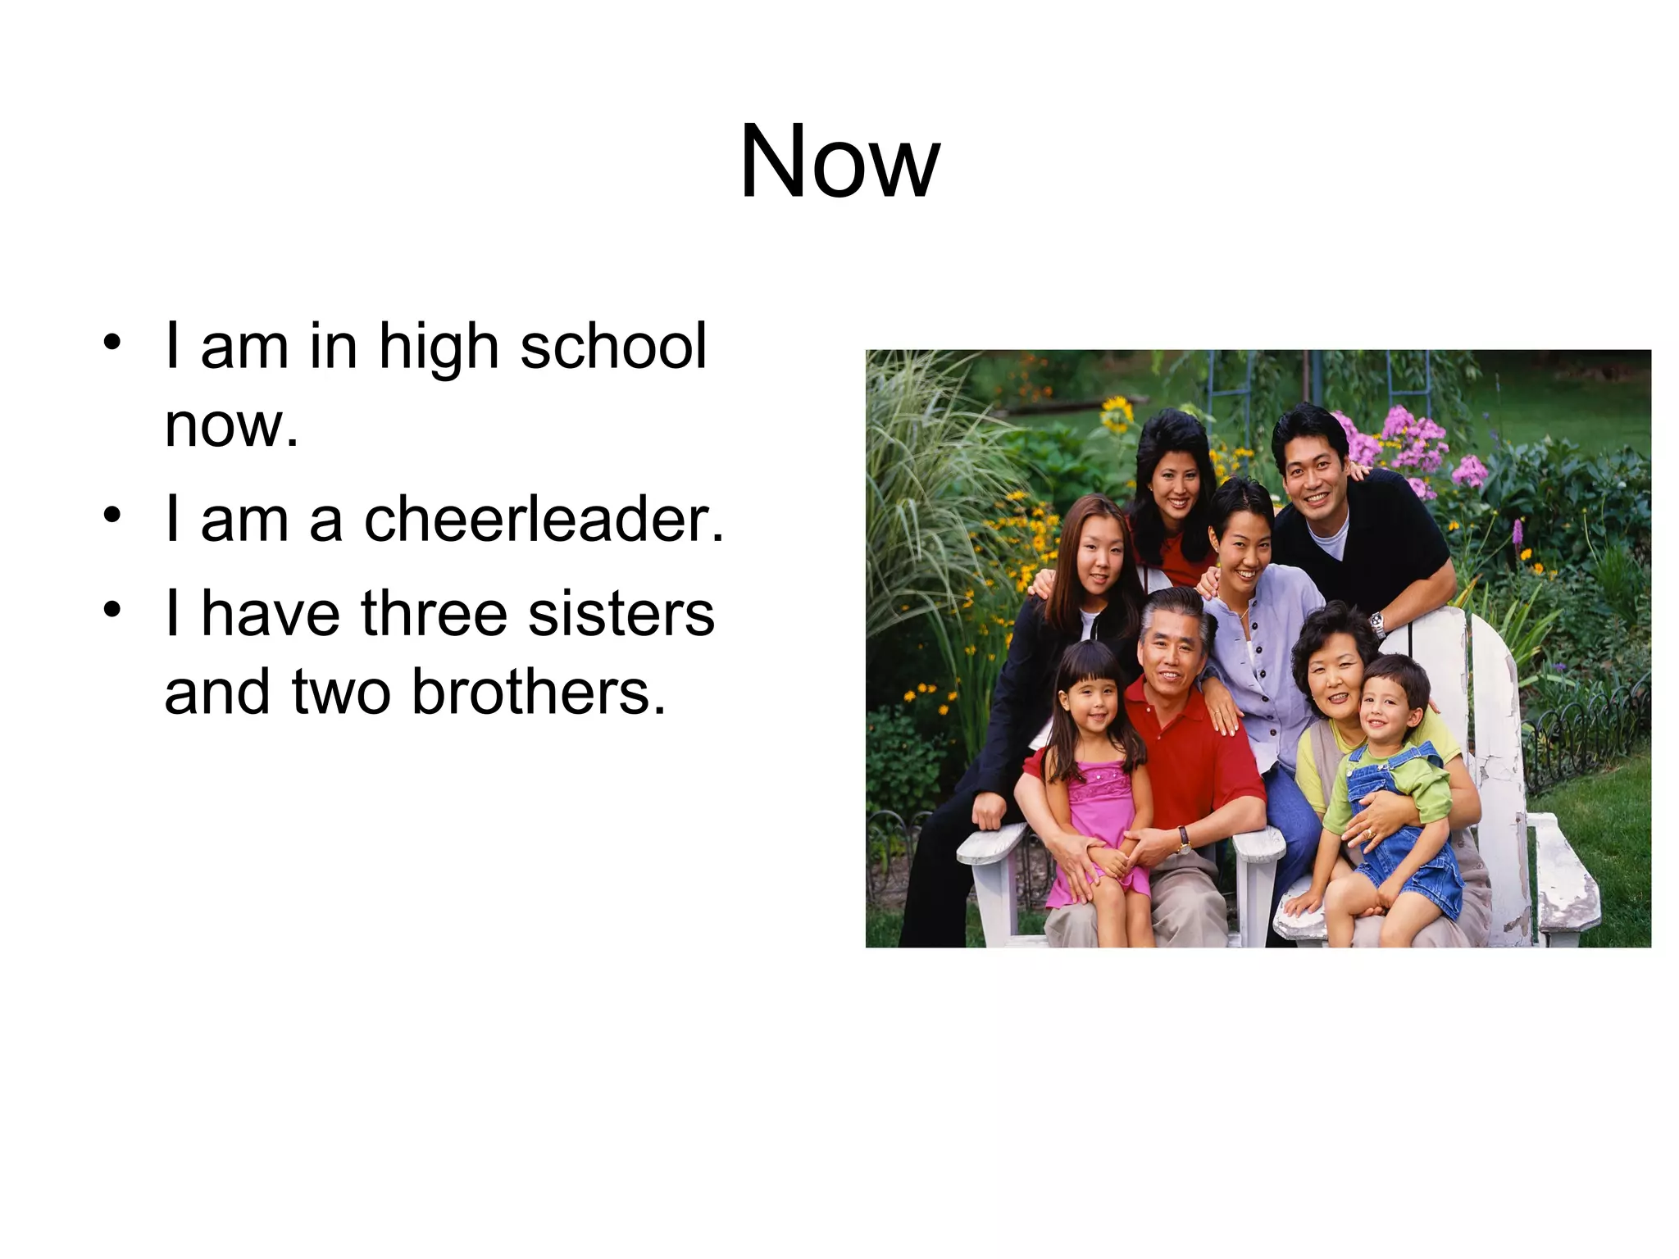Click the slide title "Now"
coord(839,161)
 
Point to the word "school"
coord(613,347)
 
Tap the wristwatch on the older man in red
coord(1183,838)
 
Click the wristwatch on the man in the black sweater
coord(1378,625)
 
